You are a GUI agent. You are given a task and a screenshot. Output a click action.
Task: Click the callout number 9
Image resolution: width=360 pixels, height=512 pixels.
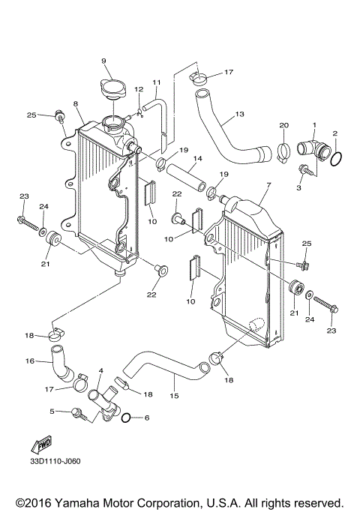click(103, 61)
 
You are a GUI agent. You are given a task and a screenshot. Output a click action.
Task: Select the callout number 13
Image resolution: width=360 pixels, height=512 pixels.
click(239, 115)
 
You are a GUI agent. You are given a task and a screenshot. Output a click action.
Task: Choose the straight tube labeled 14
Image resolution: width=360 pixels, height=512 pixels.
click(184, 179)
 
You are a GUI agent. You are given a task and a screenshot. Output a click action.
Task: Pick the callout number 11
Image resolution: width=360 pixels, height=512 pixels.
click(157, 82)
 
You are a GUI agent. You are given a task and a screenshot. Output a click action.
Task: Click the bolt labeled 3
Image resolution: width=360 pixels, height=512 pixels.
click(306, 171)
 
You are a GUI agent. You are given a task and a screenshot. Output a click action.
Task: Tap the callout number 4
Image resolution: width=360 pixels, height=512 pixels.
click(100, 370)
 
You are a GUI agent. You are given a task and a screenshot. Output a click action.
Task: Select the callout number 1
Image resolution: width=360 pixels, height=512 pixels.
click(315, 124)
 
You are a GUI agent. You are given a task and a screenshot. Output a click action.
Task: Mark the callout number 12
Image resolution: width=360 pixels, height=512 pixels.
click(138, 90)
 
